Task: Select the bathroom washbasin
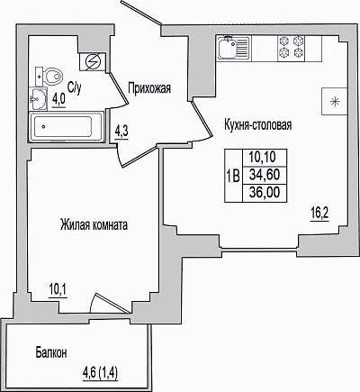(x=38, y=98)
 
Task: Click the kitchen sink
(x=233, y=48)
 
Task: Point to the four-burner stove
(x=291, y=48)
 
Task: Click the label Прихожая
(x=149, y=88)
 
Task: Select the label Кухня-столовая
(x=258, y=124)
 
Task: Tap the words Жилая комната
(x=94, y=224)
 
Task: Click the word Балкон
(x=51, y=352)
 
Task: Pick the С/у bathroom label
(x=74, y=87)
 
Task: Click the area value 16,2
(x=319, y=214)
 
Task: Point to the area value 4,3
(x=121, y=132)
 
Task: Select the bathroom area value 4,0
(x=58, y=100)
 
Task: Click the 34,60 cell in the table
(x=265, y=175)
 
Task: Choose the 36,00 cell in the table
(x=265, y=192)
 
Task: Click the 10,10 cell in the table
(x=265, y=158)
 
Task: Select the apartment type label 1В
(x=233, y=176)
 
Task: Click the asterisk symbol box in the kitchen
(x=334, y=101)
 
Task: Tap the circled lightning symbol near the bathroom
(x=93, y=62)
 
